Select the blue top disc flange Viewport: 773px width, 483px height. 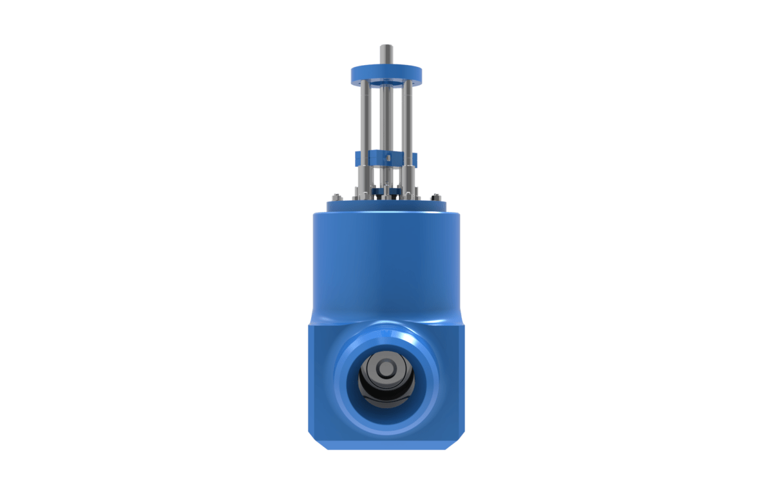[386, 75]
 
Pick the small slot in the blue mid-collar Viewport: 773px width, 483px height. [388, 156]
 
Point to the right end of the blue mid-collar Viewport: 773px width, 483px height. [415, 158]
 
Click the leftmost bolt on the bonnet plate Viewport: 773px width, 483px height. [334, 196]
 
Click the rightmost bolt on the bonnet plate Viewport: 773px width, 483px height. [437, 196]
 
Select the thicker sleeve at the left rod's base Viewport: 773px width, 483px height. [365, 177]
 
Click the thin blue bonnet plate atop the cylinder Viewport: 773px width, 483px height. [386, 207]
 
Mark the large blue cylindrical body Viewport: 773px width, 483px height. [386, 264]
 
